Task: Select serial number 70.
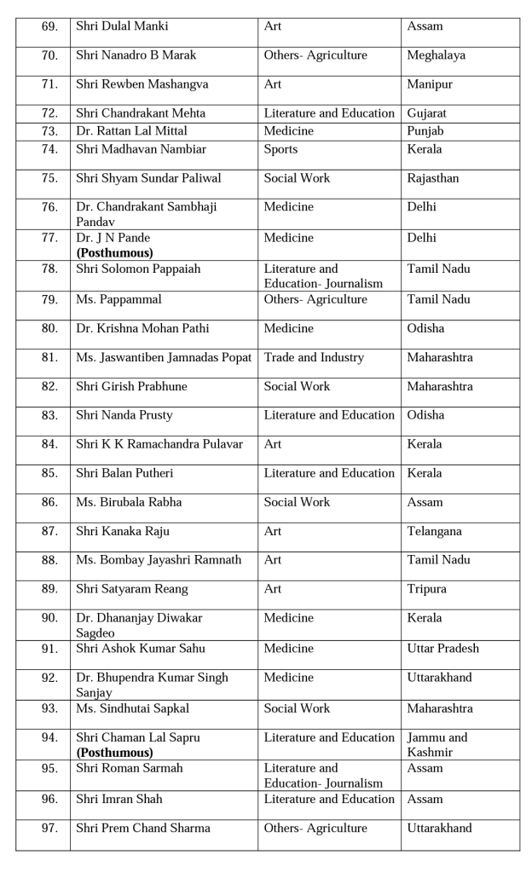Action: [49, 55]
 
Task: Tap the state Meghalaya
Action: [436, 55]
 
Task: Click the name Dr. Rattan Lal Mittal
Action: [131, 131]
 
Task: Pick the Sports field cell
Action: [280, 149]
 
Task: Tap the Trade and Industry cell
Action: [314, 357]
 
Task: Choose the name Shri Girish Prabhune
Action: [131, 386]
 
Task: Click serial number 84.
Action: [49, 444]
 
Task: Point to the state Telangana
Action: [434, 531]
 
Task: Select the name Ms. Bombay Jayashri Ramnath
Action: [159, 560]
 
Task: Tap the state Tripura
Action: [426, 589]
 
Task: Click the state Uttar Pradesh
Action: [442, 649]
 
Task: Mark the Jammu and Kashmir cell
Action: [437, 745]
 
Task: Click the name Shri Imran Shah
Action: [119, 799]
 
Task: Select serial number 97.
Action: [49, 828]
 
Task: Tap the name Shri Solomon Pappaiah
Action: [138, 269]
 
